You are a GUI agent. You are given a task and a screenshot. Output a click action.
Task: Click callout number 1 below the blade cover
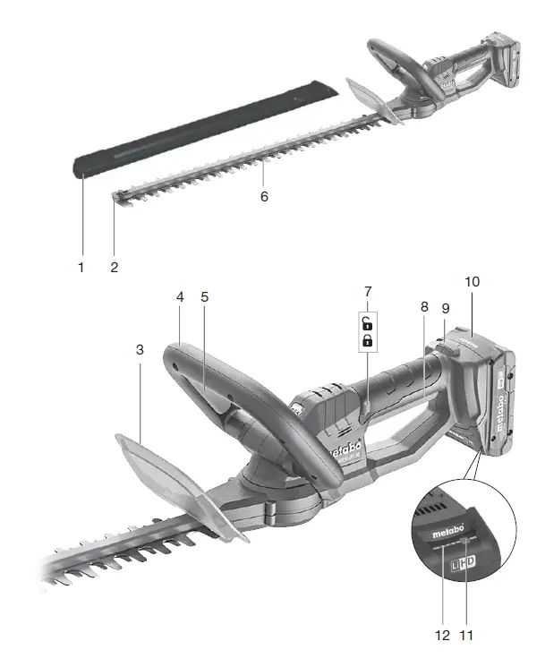tap(81, 266)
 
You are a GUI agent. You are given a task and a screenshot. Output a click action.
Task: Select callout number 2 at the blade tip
tap(114, 266)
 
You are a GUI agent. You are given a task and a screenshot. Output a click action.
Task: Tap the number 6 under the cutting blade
tap(263, 194)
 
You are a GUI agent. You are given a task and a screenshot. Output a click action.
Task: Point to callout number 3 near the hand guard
tap(140, 349)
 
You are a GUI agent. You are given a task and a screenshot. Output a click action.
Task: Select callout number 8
tap(424, 304)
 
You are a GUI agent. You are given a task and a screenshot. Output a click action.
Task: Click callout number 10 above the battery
tap(473, 281)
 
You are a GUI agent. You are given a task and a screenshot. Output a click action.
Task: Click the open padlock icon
tap(367, 323)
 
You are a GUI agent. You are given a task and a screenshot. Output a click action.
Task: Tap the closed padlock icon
tap(367, 341)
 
